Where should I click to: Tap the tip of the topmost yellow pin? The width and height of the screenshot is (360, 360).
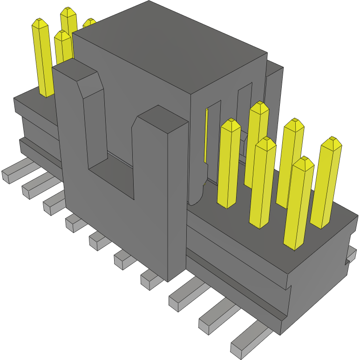coord(68,10)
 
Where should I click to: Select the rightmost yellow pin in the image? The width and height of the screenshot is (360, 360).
coord(326,182)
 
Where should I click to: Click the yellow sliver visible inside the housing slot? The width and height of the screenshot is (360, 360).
coord(206,135)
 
